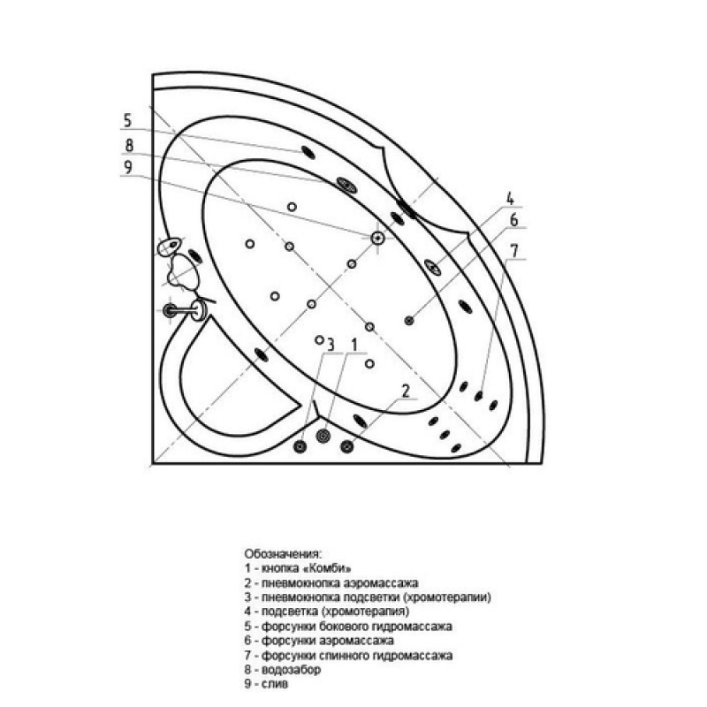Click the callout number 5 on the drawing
tap(127, 121)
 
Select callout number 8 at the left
tap(129, 146)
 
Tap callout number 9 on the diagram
tap(128, 167)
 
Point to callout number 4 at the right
tap(510, 198)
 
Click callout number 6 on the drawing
tap(514, 220)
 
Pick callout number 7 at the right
tap(515, 251)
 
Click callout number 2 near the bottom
tap(406, 391)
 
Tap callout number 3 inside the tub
tap(331, 345)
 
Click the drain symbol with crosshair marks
tap(377, 237)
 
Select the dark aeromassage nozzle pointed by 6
tap(409, 321)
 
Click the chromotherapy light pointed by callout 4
tap(432, 268)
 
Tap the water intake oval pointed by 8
tap(346, 184)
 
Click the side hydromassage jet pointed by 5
tap(308, 152)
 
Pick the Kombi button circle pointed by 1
tap(323, 436)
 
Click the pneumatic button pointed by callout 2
tap(346, 446)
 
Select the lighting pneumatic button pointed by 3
tap(300, 446)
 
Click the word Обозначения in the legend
tap(283, 554)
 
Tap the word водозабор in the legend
tap(291, 670)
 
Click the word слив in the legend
tap(275, 684)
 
